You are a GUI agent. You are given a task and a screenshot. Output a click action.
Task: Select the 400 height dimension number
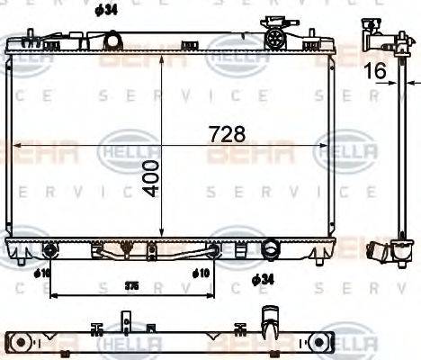click(x=149, y=177)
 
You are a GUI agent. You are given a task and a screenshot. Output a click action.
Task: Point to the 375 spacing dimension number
click(x=131, y=285)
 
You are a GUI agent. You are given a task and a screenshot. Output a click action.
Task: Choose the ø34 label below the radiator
click(x=262, y=281)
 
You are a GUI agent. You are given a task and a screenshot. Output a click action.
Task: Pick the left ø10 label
click(x=41, y=273)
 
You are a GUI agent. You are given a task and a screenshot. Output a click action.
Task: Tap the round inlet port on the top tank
click(x=112, y=40)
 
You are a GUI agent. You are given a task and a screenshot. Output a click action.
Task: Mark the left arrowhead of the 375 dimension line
click(x=52, y=293)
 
